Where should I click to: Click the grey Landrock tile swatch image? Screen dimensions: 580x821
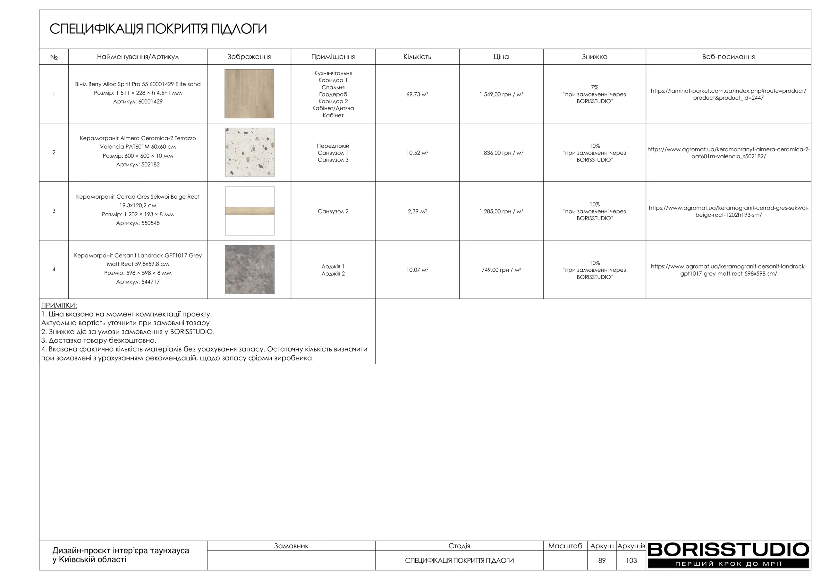(x=250, y=269)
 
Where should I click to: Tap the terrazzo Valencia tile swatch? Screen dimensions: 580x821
(x=250, y=152)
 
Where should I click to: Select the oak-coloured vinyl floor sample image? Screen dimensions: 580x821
(x=249, y=94)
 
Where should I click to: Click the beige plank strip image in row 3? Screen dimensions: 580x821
(x=250, y=211)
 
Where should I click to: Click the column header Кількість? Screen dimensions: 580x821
(x=417, y=57)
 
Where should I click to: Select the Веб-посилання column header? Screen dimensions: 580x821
(x=728, y=57)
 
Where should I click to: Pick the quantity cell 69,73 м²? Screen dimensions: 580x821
(x=417, y=94)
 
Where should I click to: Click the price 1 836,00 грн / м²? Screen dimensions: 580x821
(x=501, y=153)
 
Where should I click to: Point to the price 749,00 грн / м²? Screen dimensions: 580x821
(x=501, y=270)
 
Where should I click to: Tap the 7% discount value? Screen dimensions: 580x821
(x=594, y=87)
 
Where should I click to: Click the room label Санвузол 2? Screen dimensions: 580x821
(x=333, y=211)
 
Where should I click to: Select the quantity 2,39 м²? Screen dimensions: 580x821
(x=417, y=211)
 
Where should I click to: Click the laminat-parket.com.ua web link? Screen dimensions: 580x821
(x=728, y=94)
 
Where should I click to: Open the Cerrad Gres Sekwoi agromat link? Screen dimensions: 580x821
(x=728, y=211)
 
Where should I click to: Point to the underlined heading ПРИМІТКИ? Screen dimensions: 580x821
(x=59, y=306)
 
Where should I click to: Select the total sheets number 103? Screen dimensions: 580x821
(x=631, y=560)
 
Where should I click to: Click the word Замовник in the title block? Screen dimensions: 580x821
(x=291, y=546)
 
